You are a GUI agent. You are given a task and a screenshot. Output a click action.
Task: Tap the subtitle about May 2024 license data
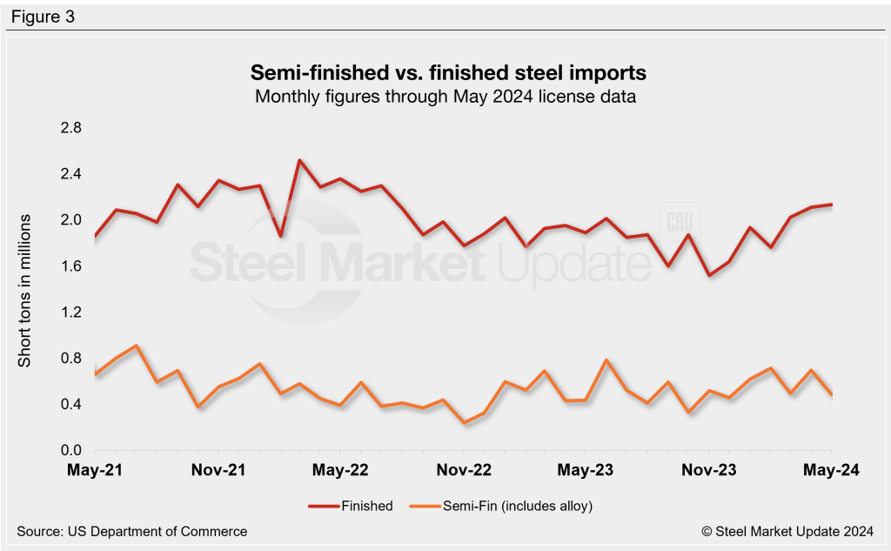point(445,97)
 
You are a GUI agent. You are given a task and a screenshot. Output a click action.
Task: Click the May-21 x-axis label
point(94,470)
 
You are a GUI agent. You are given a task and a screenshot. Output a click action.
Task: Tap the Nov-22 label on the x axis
point(464,470)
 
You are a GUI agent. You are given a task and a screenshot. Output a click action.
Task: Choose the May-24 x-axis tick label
point(831,470)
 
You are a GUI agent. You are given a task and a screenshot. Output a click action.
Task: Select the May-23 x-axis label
point(586,470)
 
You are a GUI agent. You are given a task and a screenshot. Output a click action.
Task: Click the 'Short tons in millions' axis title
point(25,289)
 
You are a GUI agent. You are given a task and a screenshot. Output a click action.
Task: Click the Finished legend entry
point(351,506)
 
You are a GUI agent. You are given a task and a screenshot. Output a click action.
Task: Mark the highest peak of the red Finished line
point(298,160)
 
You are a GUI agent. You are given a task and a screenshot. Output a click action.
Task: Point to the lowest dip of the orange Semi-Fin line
point(465,423)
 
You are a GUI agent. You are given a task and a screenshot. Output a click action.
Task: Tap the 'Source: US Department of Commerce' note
point(131,531)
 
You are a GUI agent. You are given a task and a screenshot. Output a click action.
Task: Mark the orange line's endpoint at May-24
point(831,395)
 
